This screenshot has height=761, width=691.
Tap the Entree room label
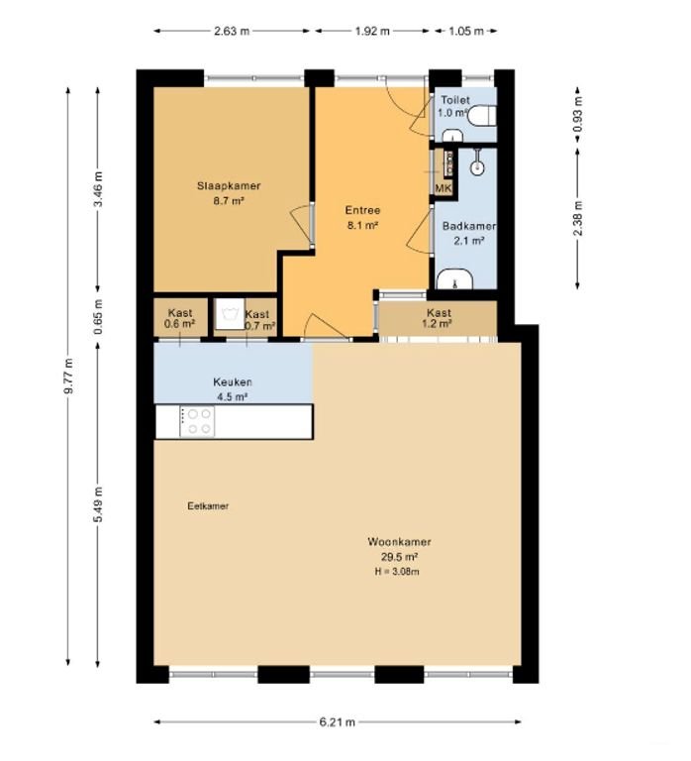pos(362,210)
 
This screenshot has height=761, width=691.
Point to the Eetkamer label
pos(208,506)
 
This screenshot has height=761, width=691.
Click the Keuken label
pos(233,382)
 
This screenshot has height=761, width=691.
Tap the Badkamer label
pos(468,226)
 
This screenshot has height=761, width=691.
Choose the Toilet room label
pos(454,99)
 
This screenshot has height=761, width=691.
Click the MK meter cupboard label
pos(443,188)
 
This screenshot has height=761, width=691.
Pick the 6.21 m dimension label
pos(337,722)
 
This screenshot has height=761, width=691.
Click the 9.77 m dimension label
pos(67,378)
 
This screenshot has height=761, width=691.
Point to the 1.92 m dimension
pos(372,31)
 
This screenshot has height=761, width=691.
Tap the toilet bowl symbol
pos(482,115)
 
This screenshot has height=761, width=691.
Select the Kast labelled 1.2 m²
pos(437,317)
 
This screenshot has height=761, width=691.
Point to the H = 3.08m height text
pos(399,570)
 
